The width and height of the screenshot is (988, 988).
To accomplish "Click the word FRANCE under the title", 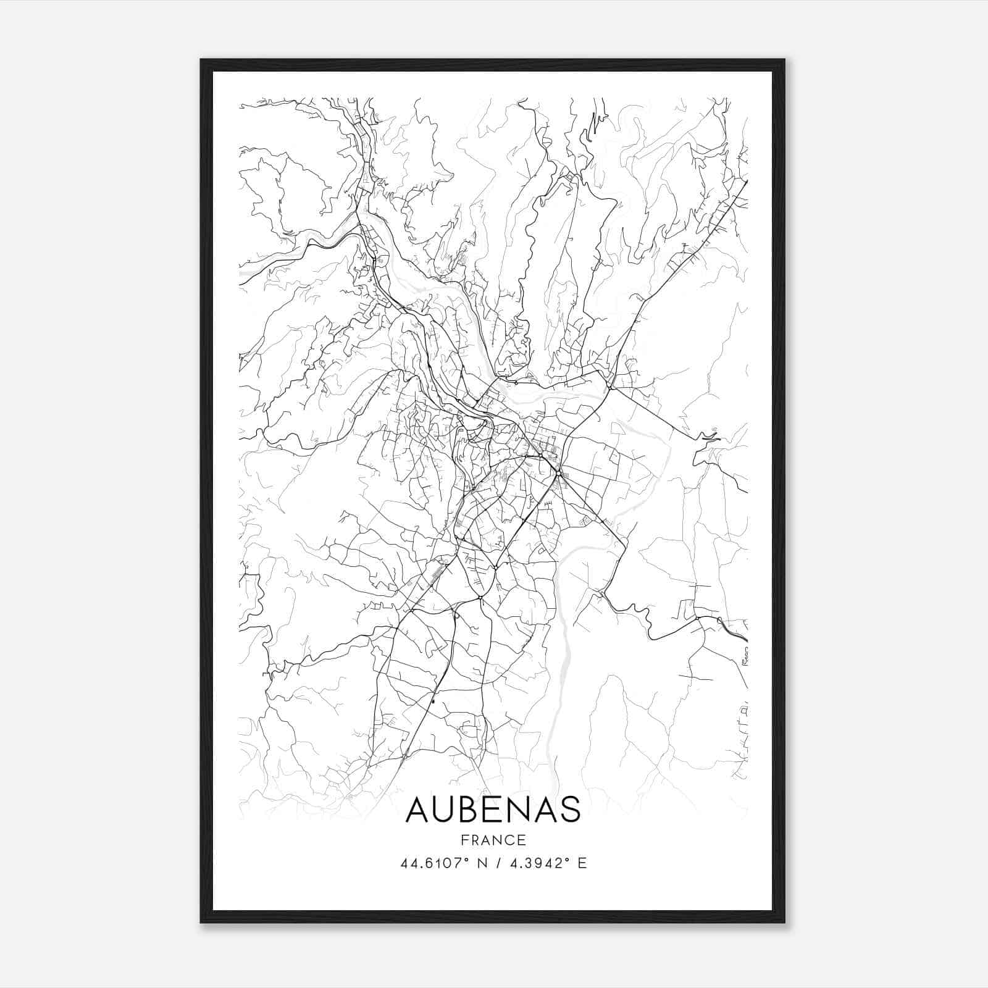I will pyautogui.click(x=493, y=840).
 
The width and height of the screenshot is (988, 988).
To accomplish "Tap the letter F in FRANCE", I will pyautogui.click(x=464, y=840).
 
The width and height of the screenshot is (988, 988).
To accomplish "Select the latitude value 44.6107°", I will pyautogui.click(x=434, y=863).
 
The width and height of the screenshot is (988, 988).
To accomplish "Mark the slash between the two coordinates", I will pyautogui.click(x=498, y=863).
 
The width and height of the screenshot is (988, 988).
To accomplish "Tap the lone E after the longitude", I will pyautogui.click(x=582, y=863).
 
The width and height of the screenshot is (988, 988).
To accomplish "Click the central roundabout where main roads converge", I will pyautogui.click(x=558, y=474).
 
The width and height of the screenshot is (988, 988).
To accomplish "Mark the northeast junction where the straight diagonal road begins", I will pyautogui.click(x=609, y=388).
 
